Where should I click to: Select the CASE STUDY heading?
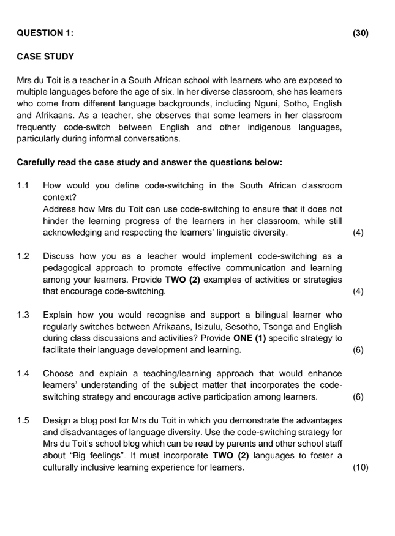coord(45,57)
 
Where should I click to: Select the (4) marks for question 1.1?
coord(359,233)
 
